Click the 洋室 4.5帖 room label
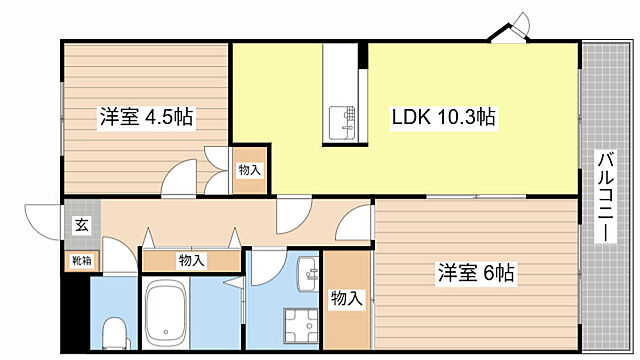tap(145, 117)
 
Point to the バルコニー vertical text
tap(606, 196)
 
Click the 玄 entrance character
tap(80, 225)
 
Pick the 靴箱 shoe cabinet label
tap(81, 261)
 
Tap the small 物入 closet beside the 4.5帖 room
tap(249, 170)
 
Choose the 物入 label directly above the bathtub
tap(191, 261)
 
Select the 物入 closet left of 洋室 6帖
tap(346, 298)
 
